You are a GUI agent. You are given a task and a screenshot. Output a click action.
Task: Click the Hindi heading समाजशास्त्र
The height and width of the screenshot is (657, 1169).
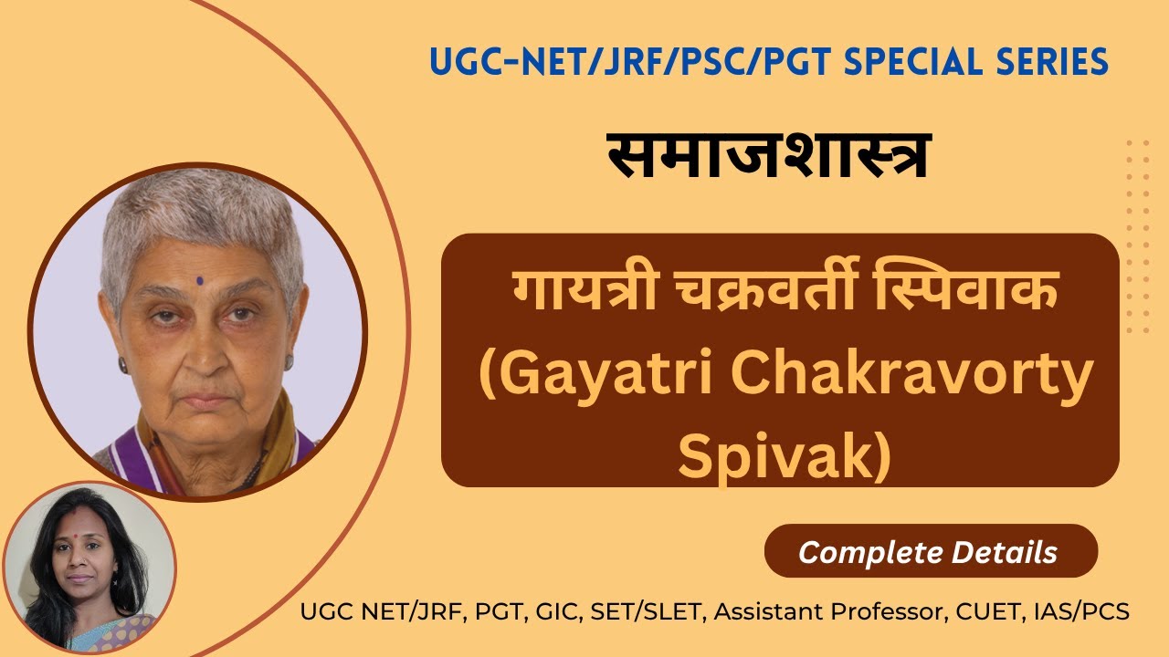[x=769, y=155]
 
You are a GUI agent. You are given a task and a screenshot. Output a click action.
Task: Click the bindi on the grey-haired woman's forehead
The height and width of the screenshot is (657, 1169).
[x=199, y=280]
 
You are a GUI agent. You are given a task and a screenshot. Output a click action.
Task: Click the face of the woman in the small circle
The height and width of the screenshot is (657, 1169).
[x=83, y=562]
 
